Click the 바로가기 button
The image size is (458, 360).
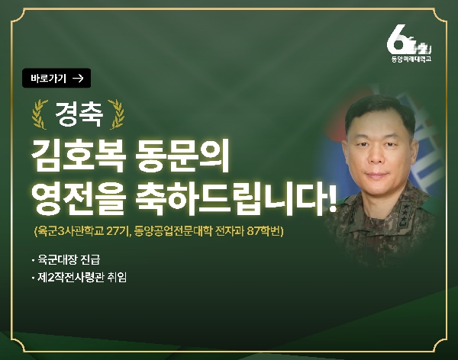[57, 78]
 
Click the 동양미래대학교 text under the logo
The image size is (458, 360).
[411, 58]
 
